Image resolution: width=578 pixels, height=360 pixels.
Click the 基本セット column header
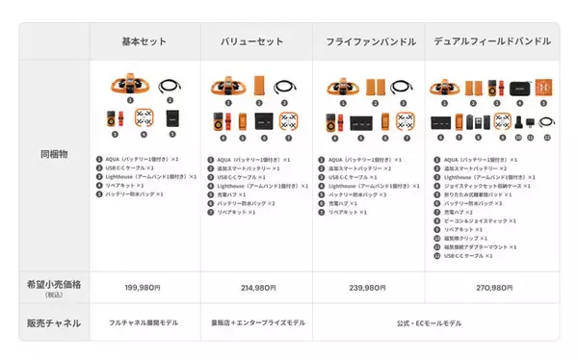point(144,42)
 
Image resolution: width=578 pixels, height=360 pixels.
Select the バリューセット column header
point(255,42)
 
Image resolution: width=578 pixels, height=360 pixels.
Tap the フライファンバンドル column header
point(370,42)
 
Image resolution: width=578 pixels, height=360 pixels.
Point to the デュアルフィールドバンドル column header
point(491,42)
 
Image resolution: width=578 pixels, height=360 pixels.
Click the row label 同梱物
point(53,153)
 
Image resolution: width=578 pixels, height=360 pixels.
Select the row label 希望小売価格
point(53,286)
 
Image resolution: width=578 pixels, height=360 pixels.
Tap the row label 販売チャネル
point(53,322)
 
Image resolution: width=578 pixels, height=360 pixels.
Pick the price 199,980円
point(144,287)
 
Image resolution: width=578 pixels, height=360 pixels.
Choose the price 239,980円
point(370,287)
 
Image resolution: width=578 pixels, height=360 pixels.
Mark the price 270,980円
point(491,287)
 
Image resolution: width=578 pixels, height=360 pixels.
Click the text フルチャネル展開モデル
point(144,323)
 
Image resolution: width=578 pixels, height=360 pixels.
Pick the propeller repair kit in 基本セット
point(144,119)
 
